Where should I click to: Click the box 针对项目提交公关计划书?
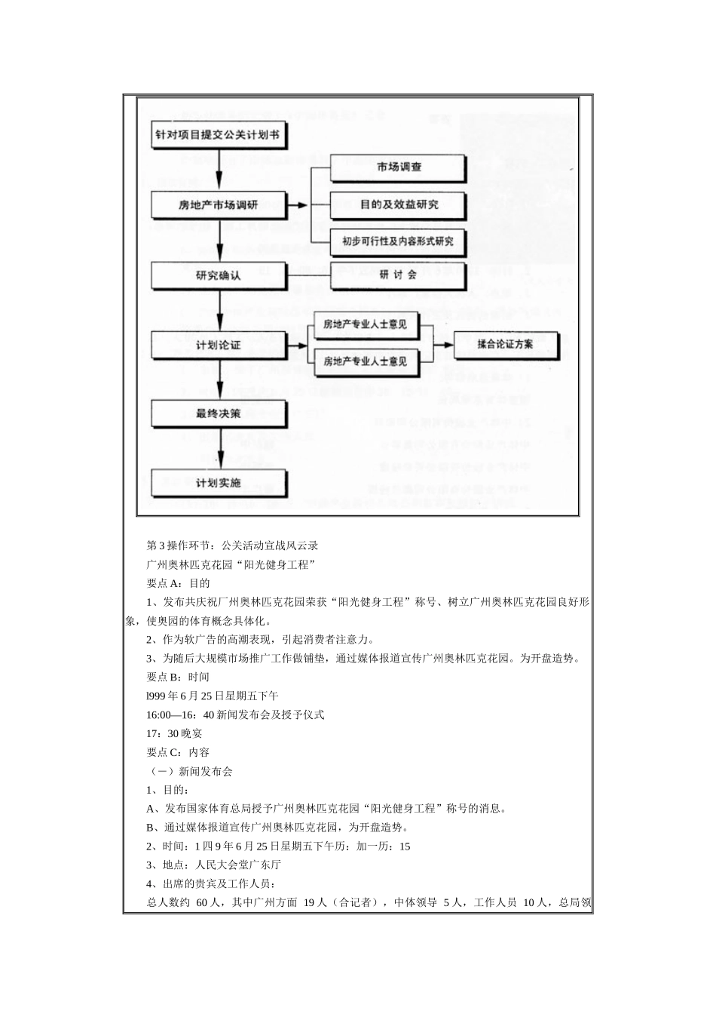[x=218, y=136]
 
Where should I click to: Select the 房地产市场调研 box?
[x=218, y=204]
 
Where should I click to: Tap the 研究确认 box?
[x=218, y=275]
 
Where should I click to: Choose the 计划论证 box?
[x=218, y=345]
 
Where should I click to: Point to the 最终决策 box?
[x=218, y=413]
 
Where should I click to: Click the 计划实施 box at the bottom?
[x=218, y=482]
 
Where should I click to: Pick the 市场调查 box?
[x=399, y=167]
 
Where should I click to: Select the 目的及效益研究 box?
[x=399, y=204]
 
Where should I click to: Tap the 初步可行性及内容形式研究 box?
[x=399, y=241]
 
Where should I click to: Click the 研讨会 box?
[x=399, y=275]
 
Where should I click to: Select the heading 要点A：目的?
[x=178, y=582]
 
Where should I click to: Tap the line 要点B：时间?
[x=178, y=677]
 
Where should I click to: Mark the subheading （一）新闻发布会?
[x=189, y=771]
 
